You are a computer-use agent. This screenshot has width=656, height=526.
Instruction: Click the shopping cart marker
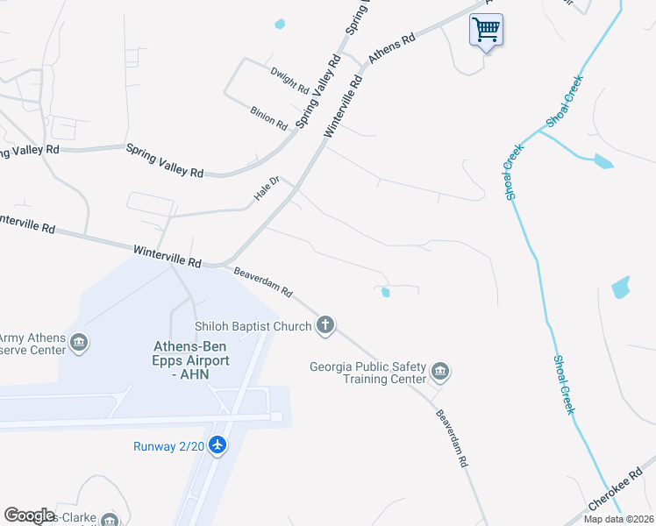coord(486,31)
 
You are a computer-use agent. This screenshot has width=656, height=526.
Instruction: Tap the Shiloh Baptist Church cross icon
coord(325,326)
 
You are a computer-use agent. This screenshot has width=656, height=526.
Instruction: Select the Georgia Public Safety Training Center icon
coord(440,373)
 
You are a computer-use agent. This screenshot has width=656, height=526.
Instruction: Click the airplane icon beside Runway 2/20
coord(217,445)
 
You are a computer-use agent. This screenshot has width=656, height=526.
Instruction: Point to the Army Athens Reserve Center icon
coord(79,342)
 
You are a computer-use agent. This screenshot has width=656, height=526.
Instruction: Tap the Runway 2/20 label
coord(169,446)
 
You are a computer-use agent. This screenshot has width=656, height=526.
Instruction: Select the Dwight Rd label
coord(289,82)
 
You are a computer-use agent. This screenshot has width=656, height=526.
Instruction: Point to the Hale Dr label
coord(267,189)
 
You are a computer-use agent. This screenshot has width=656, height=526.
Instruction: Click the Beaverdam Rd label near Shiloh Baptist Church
coord(263,281)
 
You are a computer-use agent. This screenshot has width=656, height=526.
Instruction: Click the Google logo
coord(29,515)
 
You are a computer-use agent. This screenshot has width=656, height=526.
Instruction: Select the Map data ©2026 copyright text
coord(618,519)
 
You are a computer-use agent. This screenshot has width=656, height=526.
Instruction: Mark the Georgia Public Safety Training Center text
coord(368,373)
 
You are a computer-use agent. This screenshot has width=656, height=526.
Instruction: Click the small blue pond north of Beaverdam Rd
coord(385,292)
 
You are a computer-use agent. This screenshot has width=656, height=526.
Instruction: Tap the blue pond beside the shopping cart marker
coord(280,24)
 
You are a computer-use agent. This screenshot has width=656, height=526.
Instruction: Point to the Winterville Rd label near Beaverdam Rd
coord(168,256)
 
